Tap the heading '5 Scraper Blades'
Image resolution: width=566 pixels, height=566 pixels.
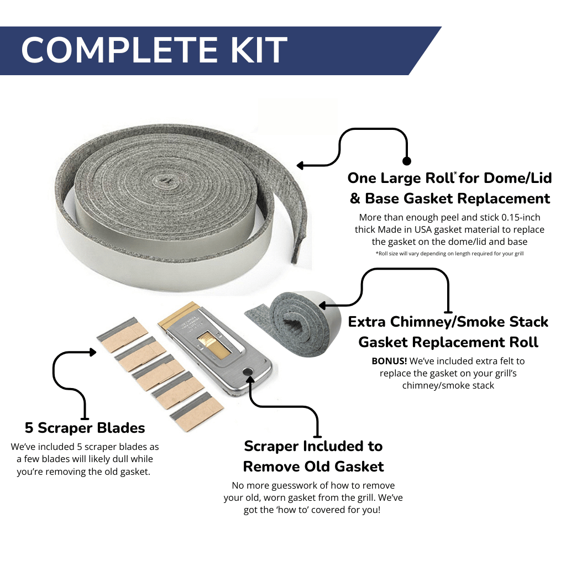(85, 428)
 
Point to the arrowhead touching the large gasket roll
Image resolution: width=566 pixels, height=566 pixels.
(301, 165)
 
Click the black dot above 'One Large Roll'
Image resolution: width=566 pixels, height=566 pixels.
(407, 161)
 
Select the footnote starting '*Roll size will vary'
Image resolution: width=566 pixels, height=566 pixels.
(448, 254)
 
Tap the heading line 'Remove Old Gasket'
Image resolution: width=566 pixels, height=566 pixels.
(313, 467)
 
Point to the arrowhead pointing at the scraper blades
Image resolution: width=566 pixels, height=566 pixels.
(93, 352)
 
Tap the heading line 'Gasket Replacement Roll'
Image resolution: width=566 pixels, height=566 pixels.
(448, 342)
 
